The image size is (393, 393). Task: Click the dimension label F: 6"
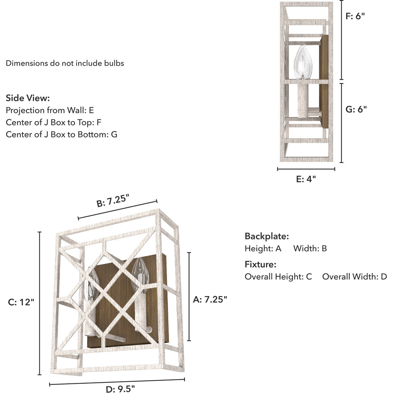(355, 16)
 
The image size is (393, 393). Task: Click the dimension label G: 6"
(356, 109)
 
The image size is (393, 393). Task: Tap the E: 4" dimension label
(306, 179)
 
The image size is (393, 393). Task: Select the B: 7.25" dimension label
(113, 200)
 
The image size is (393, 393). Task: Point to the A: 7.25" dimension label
(210, 299)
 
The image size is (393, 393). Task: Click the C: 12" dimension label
(21, 302)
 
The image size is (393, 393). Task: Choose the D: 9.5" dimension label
(121, 389)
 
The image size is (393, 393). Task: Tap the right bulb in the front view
(140, 274)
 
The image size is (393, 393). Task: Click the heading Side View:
(28, 98)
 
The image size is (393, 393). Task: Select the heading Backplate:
(267, 236)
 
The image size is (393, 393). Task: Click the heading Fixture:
(260, 264)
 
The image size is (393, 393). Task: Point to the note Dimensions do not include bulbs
(65, 63)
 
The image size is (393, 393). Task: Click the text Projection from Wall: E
(50, 110)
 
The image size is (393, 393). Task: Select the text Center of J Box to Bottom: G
(62, 134)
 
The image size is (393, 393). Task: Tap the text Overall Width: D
(354, 277)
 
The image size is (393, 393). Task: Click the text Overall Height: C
(278, 277)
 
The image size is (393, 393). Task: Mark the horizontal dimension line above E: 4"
(306, 169)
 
